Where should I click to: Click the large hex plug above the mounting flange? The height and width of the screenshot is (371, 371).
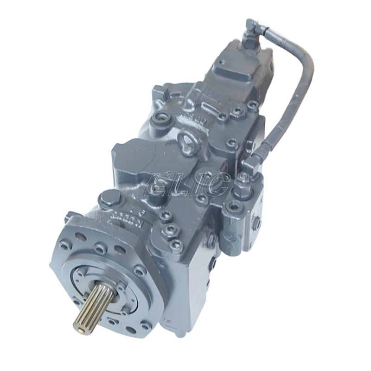(x=108, y=200)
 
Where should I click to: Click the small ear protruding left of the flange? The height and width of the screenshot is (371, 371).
(x=72, y=216)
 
